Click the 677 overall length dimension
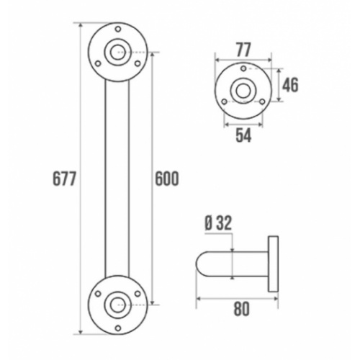65,179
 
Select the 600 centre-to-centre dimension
166,179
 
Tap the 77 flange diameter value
243,49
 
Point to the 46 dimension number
289,85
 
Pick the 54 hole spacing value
243,135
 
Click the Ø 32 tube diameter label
217,223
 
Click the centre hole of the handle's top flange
117,52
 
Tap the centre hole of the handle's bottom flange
117,304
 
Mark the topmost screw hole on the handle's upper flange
117,29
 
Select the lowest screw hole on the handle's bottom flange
117,328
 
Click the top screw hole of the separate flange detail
243,68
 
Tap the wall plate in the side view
273,264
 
